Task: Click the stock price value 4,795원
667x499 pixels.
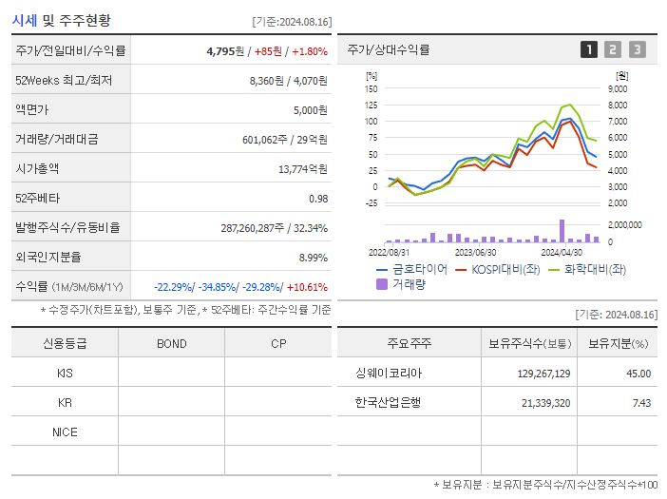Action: coord(225,51)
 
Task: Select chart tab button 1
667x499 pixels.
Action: coord(589,50)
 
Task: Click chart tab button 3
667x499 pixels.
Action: coord(637,50)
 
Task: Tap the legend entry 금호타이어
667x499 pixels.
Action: coord(419,269)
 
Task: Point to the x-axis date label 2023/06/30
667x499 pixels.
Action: coord(475,253)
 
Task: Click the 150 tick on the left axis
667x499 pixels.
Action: coord(372,88)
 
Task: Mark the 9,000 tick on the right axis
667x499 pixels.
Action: coord(617,88)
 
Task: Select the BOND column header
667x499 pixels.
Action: coord(172,344)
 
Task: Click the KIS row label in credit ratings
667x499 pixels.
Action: coord(65,374)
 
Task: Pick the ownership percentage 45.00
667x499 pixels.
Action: coord(638,374)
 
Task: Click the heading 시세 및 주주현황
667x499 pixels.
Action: coord(62,20)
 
